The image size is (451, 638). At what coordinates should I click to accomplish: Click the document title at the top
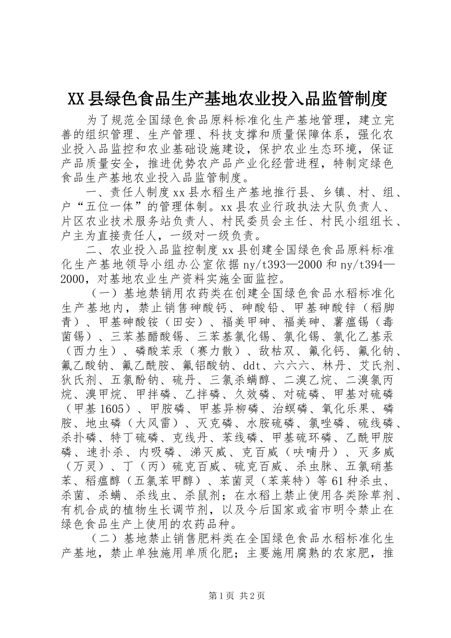(227, 98)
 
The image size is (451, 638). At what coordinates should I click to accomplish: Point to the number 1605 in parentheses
(116, 409)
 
